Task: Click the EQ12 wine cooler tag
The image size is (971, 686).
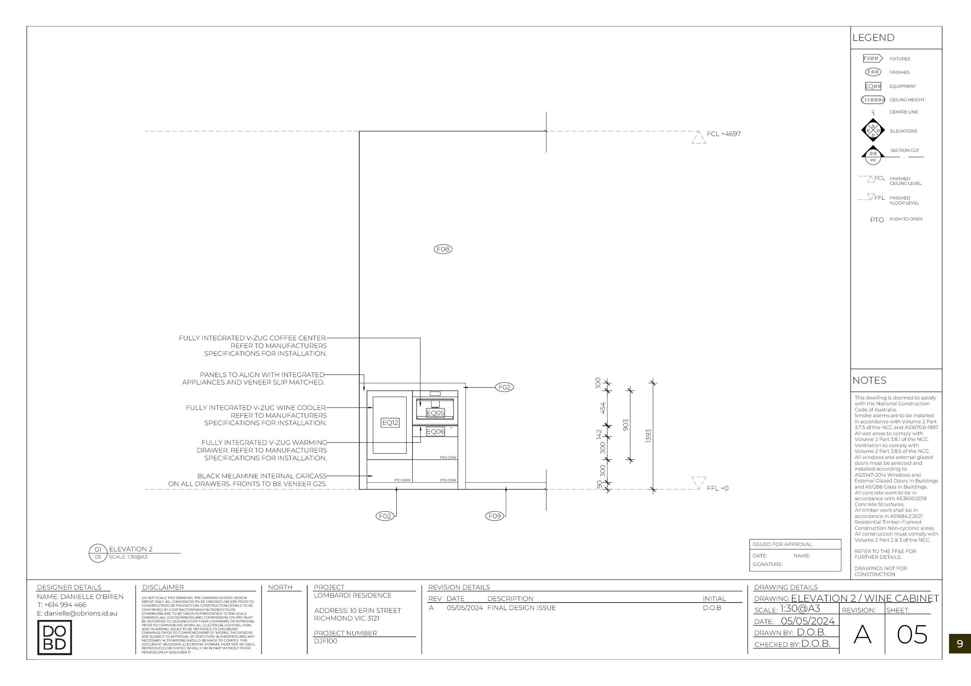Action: click(x=390, y=423)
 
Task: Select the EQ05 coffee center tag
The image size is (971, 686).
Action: click(x=435, y=413)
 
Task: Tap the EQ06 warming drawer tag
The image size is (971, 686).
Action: click(x=435, y=432)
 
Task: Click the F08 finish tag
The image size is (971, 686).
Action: click(x=443, y=249)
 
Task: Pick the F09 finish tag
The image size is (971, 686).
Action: click(x=494, y=516)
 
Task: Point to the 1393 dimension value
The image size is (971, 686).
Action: click(x=648, y=436)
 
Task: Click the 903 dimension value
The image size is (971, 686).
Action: click(x=625, y=425)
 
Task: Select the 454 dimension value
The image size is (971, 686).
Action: click(x=603, y=408)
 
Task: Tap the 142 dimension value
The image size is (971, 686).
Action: click(x=599, y=434)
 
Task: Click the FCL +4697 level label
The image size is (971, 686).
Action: click(x=724, y=134)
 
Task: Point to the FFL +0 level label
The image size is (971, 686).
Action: click(x=718, y=488)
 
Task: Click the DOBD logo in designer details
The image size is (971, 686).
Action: click(x=54, y=637)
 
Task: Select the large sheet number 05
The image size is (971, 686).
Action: click(x=912, y=635)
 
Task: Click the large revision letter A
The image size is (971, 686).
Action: click(x=862, y=635)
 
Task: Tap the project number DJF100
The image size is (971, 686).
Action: click(x=325, y=641)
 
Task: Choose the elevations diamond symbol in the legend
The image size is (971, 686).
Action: click(x=873, y=130)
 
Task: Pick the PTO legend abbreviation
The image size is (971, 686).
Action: click(x=877, y=220)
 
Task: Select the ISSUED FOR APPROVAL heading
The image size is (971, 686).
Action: click(x=782, y=544)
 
